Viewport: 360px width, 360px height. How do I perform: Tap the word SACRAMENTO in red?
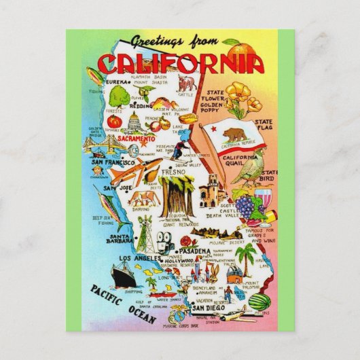coord(137,138)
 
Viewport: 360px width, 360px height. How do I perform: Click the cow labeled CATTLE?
coord(187,84)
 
